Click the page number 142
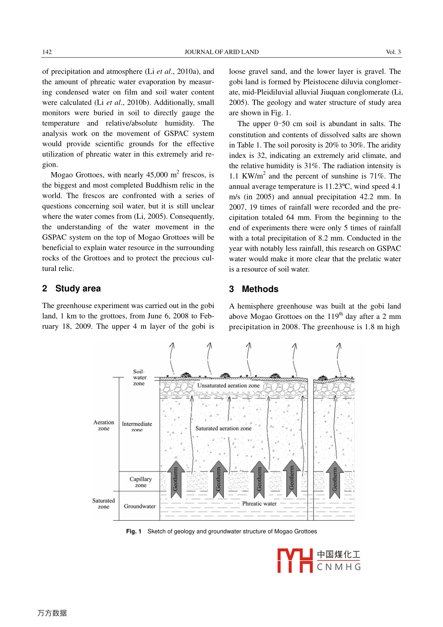tap(47, 52)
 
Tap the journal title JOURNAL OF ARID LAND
tap(221, 52)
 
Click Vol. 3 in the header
tap(393, 52)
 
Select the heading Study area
tap(78, 289)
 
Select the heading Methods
tap(260, 289)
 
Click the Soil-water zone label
tap(139, 378)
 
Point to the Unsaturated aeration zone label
tap(228, 385)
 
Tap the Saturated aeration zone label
tap(223, 428)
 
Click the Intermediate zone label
tap(137, 426)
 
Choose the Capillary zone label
tap(141, 482)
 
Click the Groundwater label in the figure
tap(140, 506)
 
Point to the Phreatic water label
tap(259, 504)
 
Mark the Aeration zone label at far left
tap(104, 425)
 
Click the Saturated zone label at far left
tap(103, 503)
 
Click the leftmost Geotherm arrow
tap(176, 479)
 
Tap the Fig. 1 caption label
tap(134, 531)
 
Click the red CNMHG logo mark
tap(295, 561)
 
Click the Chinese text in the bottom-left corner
tap(52, 613)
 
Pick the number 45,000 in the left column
tap(157, 175)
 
